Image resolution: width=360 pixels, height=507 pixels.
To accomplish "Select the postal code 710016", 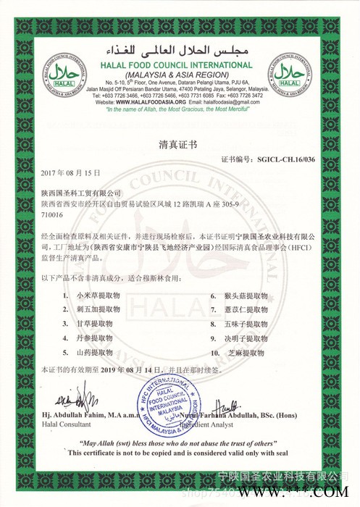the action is click(53, 215).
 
